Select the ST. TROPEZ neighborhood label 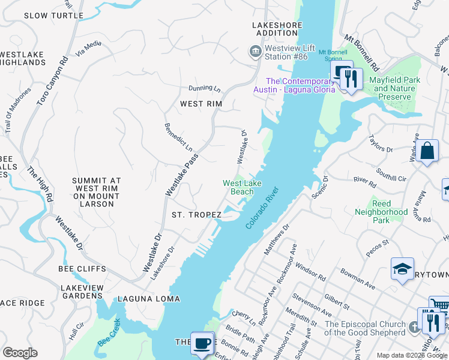point(197,214)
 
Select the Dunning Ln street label point(205,88)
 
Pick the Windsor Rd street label point(310,274)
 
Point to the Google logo point(20,353)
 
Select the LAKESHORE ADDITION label point(275,29)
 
